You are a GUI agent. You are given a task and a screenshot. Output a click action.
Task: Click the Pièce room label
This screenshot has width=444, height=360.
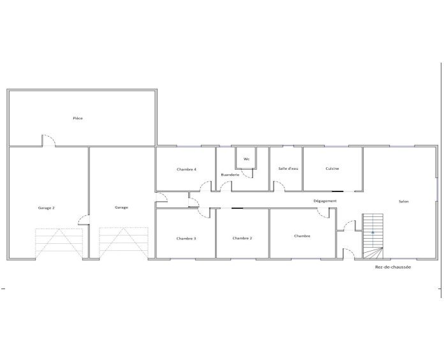click(78, 118)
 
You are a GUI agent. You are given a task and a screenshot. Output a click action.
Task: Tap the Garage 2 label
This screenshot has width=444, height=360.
click(46, 208)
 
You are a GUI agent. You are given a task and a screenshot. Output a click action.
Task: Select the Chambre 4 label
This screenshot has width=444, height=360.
click(186, 169)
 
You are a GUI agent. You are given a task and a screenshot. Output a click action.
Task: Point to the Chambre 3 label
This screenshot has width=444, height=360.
click(186, 239)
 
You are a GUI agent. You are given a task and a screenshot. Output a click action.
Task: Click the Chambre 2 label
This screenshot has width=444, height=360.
click(242, 238)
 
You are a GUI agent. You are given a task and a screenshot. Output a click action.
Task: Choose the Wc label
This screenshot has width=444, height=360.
click(246, 159)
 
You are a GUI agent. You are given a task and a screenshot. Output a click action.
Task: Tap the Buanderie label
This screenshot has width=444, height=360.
click(230, 175)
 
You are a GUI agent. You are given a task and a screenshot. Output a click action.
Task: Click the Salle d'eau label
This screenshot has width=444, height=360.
click(288, 169)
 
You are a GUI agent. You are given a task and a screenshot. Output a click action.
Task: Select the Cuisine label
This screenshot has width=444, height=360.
click(332, 169)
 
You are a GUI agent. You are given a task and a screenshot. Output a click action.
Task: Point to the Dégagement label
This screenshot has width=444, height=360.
click(325, 201)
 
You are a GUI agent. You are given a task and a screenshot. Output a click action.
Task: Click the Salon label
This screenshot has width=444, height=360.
click(404, 202)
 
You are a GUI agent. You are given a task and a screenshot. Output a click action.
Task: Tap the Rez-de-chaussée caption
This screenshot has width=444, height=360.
click(393, 267)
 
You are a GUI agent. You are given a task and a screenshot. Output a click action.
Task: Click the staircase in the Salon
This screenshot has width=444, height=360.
click(373, 236)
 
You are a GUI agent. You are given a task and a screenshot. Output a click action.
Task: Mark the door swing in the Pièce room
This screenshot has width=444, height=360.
click(48, 140)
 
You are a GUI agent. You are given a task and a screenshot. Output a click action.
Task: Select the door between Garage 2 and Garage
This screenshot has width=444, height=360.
click(84, 220)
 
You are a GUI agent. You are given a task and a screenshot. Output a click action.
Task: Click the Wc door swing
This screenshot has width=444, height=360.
click(247, 174)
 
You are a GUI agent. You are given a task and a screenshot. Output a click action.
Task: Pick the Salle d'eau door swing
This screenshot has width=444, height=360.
click(279, 186)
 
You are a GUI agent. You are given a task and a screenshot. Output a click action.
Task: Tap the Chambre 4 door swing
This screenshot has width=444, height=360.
click(205, 186)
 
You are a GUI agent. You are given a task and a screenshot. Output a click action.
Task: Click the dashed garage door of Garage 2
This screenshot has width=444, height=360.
click(59, 243)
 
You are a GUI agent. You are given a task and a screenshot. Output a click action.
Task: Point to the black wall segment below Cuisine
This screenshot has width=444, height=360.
click(337, 191)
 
